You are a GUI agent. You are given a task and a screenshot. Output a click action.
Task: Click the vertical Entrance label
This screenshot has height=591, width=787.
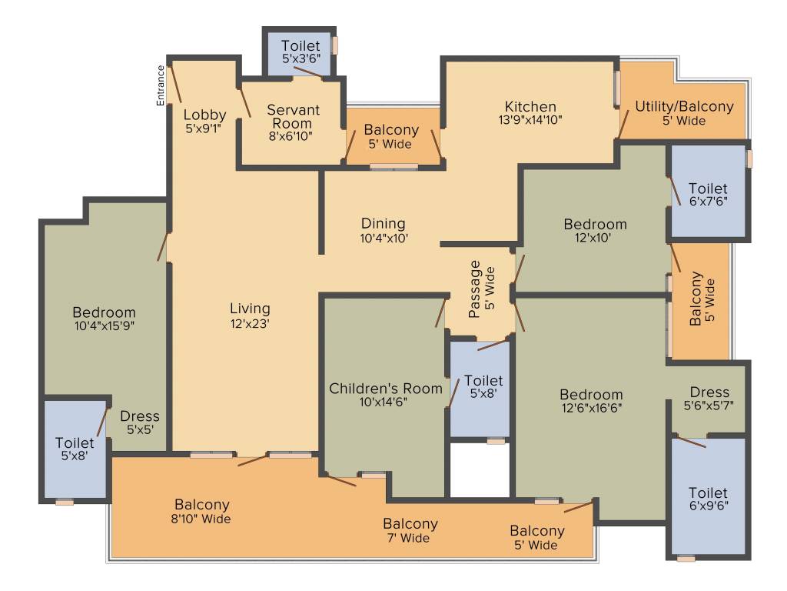[x=161, y=85]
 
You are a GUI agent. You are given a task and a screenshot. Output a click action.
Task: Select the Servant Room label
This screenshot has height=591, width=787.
[x=293, y=117]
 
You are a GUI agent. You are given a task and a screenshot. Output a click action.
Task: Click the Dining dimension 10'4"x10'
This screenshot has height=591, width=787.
[x=384, y=239]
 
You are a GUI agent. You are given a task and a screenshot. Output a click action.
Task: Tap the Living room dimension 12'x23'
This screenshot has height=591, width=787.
[x=250, y=324]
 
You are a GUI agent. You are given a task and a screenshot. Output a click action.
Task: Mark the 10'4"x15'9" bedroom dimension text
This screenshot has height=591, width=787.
[x=104, y=327]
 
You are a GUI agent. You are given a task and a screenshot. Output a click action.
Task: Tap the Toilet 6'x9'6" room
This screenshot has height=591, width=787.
[x=708, y=499]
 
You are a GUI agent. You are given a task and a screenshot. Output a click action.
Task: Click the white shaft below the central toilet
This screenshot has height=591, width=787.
[x=480, y=470]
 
